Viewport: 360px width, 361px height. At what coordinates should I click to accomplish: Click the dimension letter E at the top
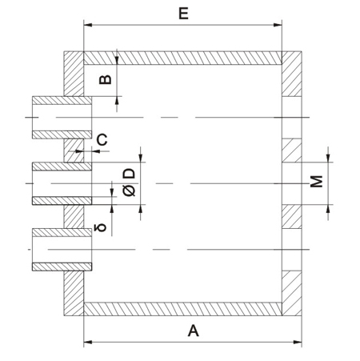(x=183, y=13)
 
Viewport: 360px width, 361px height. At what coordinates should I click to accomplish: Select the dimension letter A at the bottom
(x=192, y=329)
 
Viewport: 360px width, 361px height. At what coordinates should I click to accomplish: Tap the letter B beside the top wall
(x=103, y=79)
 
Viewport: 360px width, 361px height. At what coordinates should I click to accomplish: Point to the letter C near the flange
(x=102, y=141)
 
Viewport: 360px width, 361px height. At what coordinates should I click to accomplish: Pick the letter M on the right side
(x=317, y=182)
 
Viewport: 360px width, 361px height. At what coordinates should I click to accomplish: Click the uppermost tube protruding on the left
(x=61, y=118)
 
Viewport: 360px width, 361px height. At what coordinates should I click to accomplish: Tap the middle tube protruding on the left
(x=61, y=183)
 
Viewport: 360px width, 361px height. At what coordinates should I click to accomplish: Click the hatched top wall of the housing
(x=182, y=58)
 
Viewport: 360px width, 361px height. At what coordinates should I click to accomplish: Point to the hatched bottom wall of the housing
(x=182, y=308)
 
